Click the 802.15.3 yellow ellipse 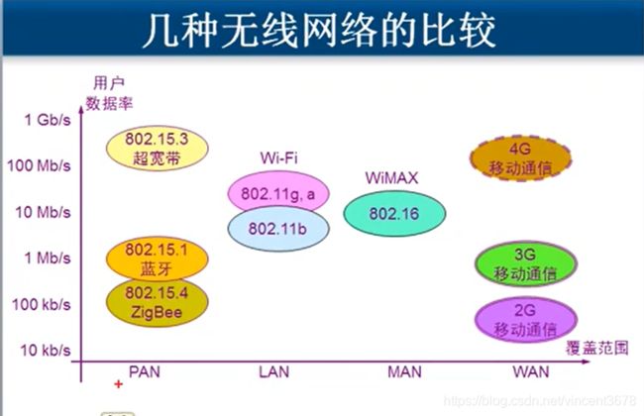click(x=158, y=149)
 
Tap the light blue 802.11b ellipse click(x=278, y=229)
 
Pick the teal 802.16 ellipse click(x=394, y=214)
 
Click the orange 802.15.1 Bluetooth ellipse click(x=158, y=259)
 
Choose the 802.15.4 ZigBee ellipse click(x=158, y=303)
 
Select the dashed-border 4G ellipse click(x=520, y=158)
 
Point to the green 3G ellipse click(x=526, y=264)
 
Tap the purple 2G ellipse click(x=526, y=320)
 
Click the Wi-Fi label click(x=278, y=157)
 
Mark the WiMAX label click(x=391, y=178)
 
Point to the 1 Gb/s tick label click(x=48, y=120)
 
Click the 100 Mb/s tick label click(x=39, y=166)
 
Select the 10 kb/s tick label click(x=46, y=351)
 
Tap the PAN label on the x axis click(x=145, y=372)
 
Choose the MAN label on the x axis click(x=404, y=372)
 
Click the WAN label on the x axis click(x=531, y=372)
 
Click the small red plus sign click(x=119, y=384)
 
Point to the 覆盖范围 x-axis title click(x=597, y=348)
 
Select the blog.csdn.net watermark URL click(x=540, y=400)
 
